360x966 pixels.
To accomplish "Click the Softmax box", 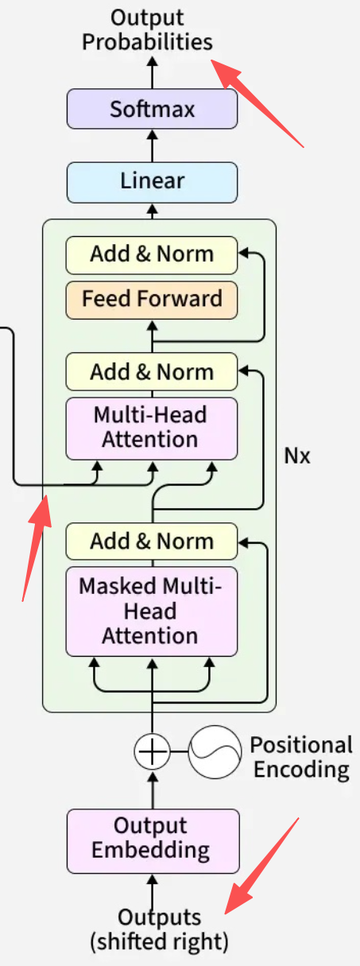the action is click(x=152, y=109).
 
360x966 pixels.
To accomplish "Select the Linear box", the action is click(x=152, y=182).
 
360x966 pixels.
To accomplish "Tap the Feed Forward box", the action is click(x=152, y=301).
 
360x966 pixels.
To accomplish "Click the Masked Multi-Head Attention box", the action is click(x=152, y=611).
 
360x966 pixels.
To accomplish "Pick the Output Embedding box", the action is click(x=153, y=841).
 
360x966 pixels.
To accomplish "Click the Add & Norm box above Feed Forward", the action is click(x=152, y=255).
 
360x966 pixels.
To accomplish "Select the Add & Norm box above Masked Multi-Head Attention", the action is click(x=152, y=541).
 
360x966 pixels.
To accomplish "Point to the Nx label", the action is click(x=297, y=456).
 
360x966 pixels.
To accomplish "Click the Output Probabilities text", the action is click(x=148, y=30).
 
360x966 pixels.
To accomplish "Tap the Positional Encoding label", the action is click(x=302, y=757).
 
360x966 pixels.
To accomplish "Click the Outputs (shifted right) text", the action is click(x=159, y=929).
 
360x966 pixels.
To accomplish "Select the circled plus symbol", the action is click(x=152, y=751).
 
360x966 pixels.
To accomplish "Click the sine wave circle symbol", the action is click(x=215, y=751).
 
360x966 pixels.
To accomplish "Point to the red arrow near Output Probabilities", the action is click(x=257, y=103).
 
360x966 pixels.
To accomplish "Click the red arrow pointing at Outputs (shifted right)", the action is click(x=261, y=865).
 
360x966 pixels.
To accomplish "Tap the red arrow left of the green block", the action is click(x=37, y=548).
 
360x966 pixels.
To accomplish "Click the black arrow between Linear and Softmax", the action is click(x=152, y=145).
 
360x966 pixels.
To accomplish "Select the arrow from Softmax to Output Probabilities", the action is click(x=152, y=72).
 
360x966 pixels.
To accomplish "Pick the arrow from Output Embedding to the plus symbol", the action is click(x=152, y=789).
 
